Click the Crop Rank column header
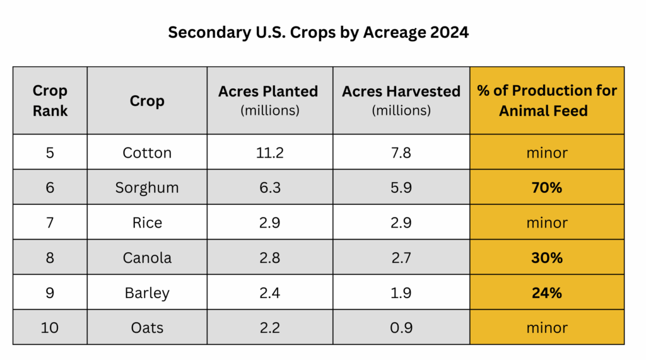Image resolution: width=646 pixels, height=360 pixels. tap(50, 100)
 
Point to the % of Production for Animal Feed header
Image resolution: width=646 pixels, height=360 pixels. tap(547, 100)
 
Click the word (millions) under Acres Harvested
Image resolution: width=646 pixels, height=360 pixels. tap(401, 110)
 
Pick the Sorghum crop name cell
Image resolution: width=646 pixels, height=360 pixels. tap(147, 187)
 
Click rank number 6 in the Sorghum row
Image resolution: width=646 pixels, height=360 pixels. tap(50, 187)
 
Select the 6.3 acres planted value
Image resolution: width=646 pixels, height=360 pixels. tap(269, 187)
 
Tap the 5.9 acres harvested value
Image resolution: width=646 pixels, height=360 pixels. tap(401, 187)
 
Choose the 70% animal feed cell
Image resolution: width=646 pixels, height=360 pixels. tap(547, 187)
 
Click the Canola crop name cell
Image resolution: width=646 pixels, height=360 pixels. tap(147, 258)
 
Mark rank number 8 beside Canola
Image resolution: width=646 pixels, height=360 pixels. tap(50, 258)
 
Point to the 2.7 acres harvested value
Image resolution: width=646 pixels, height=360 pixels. tap(401, 258)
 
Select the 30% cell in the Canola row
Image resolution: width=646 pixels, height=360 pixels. tap(547, 258)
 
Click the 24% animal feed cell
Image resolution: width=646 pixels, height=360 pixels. tap(547, 293)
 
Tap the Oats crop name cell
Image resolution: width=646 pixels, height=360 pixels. tap(147, 328)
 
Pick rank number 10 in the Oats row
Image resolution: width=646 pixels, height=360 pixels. tap(50, 328)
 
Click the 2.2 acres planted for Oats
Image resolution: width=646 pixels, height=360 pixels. tap(269, 328)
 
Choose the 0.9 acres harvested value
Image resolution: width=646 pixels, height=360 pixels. tap(401, 328)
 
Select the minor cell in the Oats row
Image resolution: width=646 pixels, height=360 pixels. tap(547, 328)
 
